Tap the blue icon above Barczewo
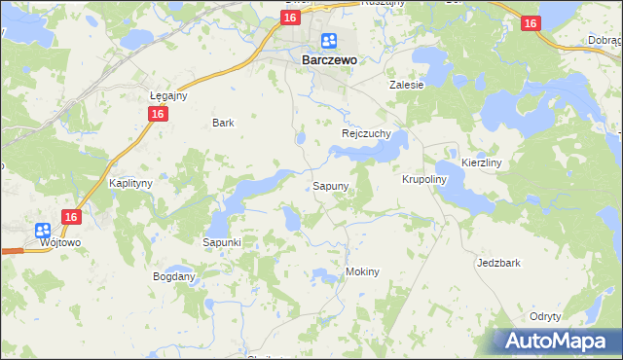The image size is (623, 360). pyautogui.click(x=329, y=41)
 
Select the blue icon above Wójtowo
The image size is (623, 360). pyautogui.click(x=43, y=231)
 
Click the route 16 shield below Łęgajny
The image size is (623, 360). pyautogui.click(x=158, y=114)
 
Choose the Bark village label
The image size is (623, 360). pyautogui.click(x=224, y=124)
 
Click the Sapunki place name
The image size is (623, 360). pyautogui.click(x=222, y=241)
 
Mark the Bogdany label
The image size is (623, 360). pyautogui.click(x=174, y=276)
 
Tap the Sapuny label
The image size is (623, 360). pyautogui.click(x=330, y=185)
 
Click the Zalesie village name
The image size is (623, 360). pyautogui.click(x=407, y=85)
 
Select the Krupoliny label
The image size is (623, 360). pyautogui.click(x=423, y=180)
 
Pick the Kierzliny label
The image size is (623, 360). pyautogui.click(x=481, y=163)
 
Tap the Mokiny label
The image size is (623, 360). pyautogui.click(x=362, y=271)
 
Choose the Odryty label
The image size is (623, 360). pyautogui.click(x=545, y=316)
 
